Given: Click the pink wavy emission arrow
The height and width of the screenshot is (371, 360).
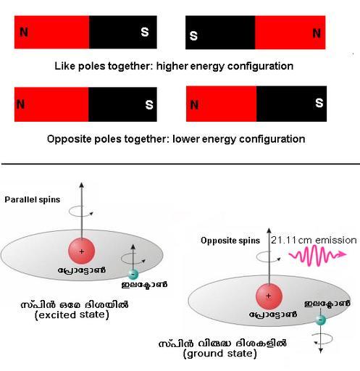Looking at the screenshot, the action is [x=318, y=255].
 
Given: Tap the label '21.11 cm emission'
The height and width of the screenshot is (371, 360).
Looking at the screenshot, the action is [x=314, y=240].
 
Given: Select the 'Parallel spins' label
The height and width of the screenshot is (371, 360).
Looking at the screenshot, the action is [x=33, y=200].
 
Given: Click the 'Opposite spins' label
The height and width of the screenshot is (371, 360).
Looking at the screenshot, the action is [x=230, y=241].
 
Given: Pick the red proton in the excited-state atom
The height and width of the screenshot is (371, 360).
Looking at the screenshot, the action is [x=82, y=251].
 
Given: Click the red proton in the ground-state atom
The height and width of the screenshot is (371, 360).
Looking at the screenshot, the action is [x=269, y=296].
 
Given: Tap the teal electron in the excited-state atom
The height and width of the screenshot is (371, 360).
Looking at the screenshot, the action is [x=133, y=274].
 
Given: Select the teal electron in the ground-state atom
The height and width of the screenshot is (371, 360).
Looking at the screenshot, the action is [x=320, y=320].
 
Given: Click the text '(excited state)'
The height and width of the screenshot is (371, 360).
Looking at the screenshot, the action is [x=72, y=315].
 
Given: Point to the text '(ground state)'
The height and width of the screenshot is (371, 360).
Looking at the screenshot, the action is [x=220, y=354].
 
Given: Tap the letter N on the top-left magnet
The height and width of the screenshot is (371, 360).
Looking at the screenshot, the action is [x=24, y=32].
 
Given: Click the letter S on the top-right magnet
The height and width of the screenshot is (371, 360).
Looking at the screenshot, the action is [x=193, y=36].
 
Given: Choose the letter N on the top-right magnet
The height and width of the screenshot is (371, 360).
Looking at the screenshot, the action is [x=317, y=33].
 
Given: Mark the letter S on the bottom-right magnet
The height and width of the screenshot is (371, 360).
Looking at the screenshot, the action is [x=319, y=103].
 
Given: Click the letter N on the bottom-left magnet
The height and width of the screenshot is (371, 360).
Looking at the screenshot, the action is [x=21, y=104].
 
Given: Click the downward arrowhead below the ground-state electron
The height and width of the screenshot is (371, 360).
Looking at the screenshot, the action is [x=321, y=351].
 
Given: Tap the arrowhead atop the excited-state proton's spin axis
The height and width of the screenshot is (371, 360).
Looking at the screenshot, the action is [x=82, y=185].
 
